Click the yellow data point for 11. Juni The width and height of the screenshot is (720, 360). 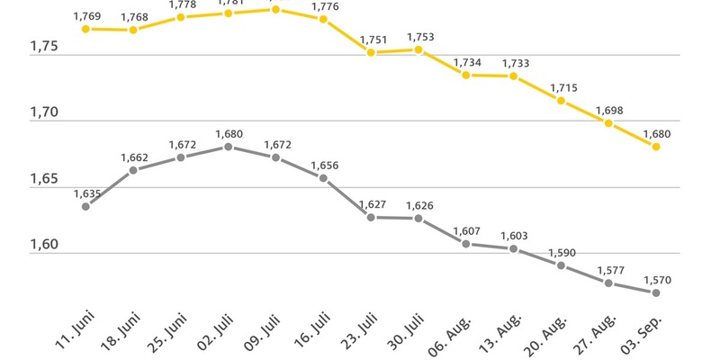85,29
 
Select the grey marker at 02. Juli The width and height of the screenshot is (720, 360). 228,147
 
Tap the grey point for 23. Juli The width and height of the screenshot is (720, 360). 371,217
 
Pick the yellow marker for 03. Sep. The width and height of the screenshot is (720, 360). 656,147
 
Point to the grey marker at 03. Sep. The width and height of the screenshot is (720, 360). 656,292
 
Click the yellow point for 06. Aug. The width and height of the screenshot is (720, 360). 465,75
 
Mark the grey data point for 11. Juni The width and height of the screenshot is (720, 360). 85,206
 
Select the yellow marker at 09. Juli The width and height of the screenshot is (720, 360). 275,9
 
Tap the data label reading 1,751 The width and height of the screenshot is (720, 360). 371,40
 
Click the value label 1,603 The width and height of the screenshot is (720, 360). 513,235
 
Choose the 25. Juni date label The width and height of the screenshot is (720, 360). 166,334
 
